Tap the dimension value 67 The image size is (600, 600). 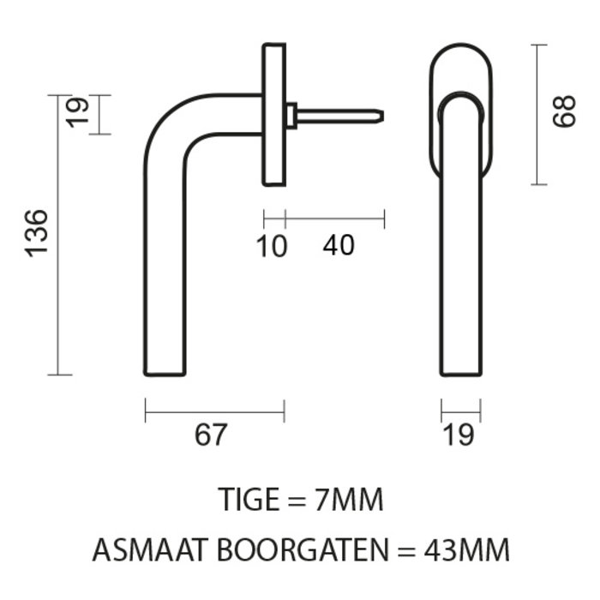211,435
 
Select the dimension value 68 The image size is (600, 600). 563,112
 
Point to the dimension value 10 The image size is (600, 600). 272,246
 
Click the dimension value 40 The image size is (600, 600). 339,246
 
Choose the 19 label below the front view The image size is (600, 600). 460,435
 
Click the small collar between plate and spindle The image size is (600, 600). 291,116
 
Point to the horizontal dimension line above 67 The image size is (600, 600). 214,413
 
